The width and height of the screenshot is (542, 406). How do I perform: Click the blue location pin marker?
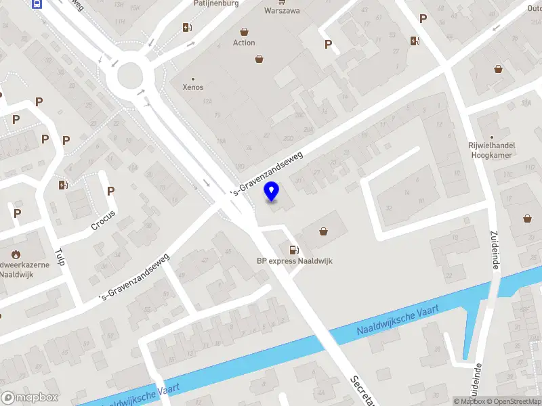pyautogui.click(x=272, y=191)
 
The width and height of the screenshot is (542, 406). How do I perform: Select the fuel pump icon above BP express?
pyautogui.click(x=293, y=250)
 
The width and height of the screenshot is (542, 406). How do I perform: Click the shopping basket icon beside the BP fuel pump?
pyautogui.click(x=324, y=231)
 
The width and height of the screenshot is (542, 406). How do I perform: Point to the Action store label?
pyautogui.click(x=244, y=43)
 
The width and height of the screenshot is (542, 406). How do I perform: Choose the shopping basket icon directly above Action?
pyautogui.click(x=244, y=32)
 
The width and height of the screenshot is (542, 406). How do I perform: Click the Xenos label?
pyautogui.click(x=193, y=87)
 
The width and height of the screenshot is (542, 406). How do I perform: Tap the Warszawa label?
pyautogui.click(x=282, y=11)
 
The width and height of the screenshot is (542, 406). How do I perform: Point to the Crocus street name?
pyautogui.click(x=104, y=220)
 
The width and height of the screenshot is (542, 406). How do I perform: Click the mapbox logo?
pyautogui.click(x=30, y=398)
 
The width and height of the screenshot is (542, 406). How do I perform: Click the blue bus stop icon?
pyautogui.click(x=37, y=3)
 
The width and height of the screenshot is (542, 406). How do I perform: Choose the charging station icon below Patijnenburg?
pyautogui.click(x=187, y=27)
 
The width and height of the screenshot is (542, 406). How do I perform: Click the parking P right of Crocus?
pyautogui.click(x=110, y=191)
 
